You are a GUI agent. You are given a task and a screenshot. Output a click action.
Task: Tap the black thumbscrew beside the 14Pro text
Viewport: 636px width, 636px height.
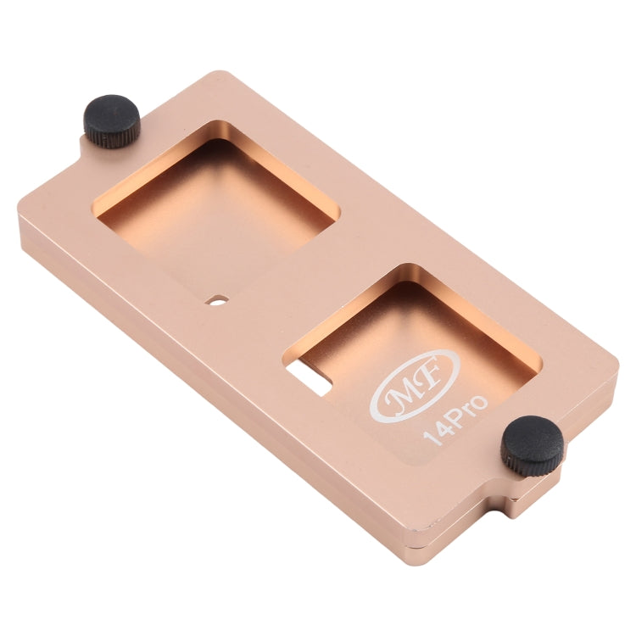point(532,445)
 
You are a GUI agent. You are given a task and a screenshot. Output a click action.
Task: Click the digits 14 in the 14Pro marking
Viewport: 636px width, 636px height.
point(438,432)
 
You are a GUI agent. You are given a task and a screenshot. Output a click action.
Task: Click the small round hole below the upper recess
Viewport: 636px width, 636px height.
point(219,299)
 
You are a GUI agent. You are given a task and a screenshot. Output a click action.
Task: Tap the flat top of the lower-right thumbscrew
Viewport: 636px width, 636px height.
point(533,435)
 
